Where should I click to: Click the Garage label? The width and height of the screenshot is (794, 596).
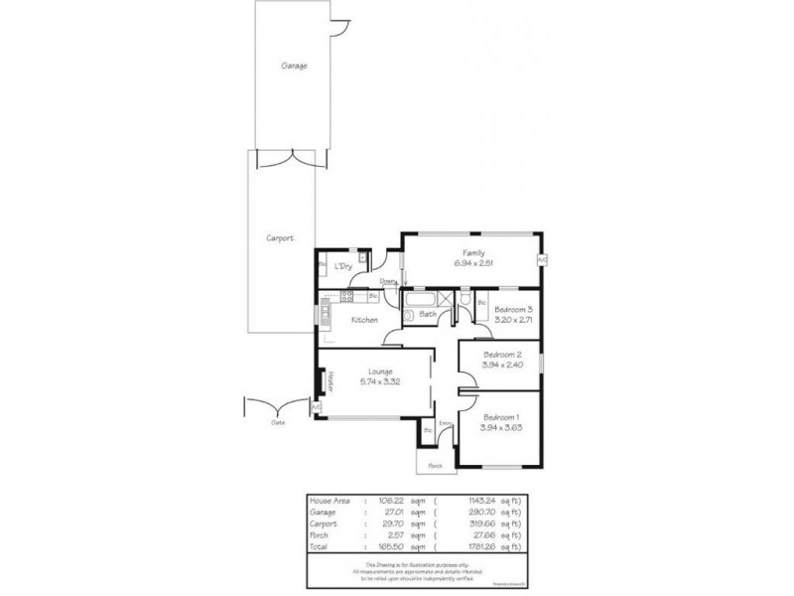click(294, 67)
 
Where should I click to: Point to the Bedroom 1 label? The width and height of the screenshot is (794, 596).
click(501, 417)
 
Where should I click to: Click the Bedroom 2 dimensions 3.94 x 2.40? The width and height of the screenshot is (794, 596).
click(501, 365)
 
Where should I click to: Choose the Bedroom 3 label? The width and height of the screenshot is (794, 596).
click(515, 308)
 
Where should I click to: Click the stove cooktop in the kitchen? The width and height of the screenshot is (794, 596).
click(348, 296)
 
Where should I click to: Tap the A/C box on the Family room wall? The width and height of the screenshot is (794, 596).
click(542, 259)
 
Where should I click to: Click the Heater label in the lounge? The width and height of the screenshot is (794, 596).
click(331, 380)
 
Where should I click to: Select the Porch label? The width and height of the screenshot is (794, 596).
click(434, 465)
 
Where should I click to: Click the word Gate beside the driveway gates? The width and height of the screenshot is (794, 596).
click(279, 422)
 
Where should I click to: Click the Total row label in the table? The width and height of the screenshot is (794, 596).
click(321, 546)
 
